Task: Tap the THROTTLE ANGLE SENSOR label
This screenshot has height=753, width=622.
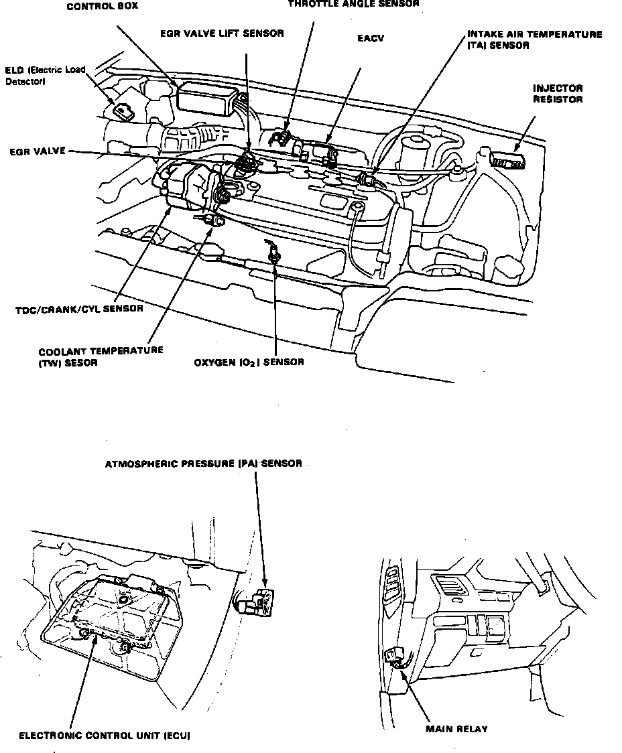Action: coord(354,3)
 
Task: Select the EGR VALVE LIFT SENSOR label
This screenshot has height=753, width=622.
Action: coord(222,33)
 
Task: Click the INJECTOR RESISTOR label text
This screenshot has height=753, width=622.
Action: coord(557,94)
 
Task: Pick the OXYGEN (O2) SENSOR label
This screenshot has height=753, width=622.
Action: coord(249,362)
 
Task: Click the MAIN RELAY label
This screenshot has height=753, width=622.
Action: coord(456,729)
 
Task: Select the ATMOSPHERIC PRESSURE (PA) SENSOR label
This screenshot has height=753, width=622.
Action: coord(203,463)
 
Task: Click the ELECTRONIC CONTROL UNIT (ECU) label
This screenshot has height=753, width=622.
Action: coord(105,736)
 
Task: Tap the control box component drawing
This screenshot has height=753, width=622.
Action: coord(206,97)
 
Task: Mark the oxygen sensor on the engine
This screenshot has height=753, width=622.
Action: coord(273,253)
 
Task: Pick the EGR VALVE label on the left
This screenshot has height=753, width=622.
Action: coord(38,152)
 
